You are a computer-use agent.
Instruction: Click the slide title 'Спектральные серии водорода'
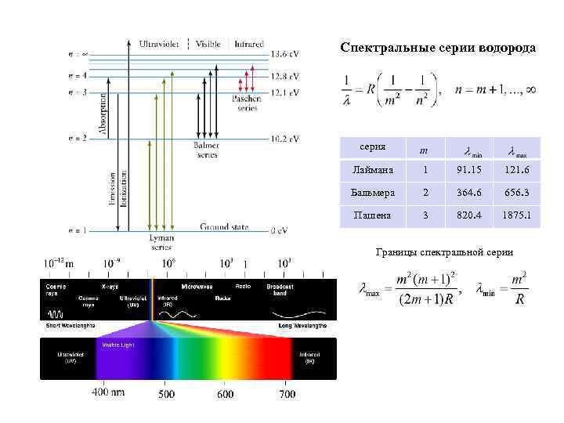tap(438, 48)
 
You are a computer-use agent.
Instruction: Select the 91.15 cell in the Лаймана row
tap(474, 169)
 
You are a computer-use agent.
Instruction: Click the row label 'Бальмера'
tap(370, 192)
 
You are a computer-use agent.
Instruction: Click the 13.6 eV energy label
tap(284, 54)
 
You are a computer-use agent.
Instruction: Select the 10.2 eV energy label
tap(284, 139)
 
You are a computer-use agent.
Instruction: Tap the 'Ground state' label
tap(224, 227)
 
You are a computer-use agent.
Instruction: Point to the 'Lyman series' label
tap(161, 242)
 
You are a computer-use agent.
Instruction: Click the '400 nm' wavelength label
tap(110, 392)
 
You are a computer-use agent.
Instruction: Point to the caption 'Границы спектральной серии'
tap(444, 252)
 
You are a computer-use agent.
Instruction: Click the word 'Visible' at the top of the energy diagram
tap(208, 44)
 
